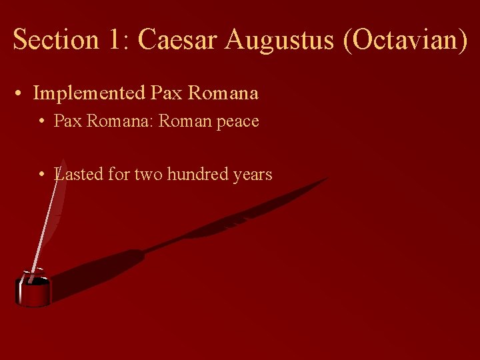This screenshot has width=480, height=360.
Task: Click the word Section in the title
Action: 52,39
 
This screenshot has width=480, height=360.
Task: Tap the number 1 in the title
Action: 113,39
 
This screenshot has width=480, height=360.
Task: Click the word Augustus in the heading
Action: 280,39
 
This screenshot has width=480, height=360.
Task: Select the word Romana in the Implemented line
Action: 223,93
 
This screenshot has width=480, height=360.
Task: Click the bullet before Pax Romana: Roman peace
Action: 41,121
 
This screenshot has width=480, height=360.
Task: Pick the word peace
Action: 237,121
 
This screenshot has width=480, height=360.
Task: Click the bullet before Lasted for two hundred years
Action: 41,175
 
